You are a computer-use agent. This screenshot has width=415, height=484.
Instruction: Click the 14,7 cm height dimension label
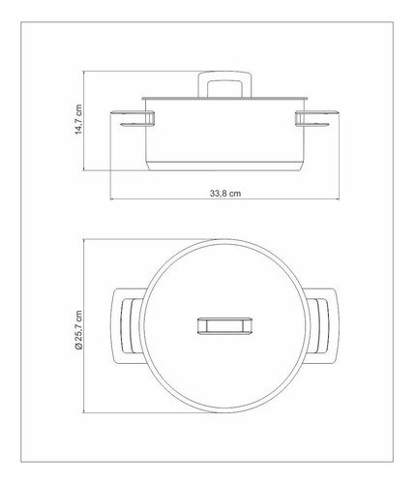[x=78, y=119]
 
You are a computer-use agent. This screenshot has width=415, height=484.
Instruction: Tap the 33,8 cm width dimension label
[x=225, y=194]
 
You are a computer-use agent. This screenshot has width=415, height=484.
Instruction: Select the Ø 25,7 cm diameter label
[x=78, y=330]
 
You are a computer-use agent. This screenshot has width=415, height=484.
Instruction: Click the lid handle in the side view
[x=224, y=84]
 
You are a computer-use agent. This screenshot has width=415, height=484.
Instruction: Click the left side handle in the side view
[x=133, y=119]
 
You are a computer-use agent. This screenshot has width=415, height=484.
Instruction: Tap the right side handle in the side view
[x=317, y=119]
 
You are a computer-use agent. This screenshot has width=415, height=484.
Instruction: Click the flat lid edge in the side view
[x=224, y=98]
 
